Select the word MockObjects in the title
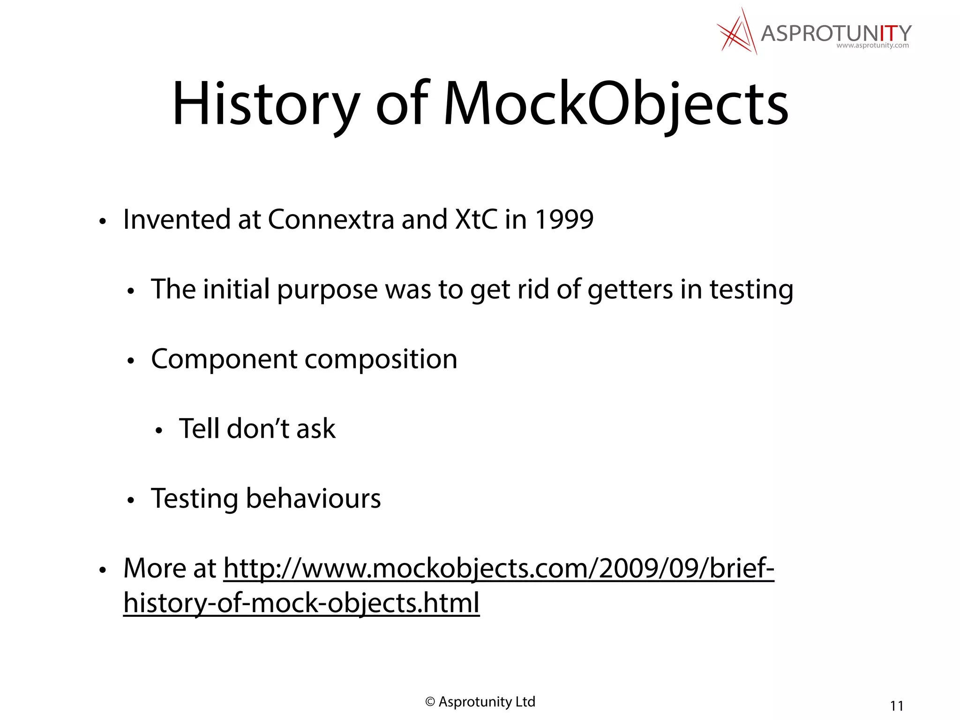(615, 104)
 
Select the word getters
(630, 290)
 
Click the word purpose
(327, 290)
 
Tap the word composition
(381, 360)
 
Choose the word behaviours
(313, 499)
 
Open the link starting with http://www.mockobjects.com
(499, 569)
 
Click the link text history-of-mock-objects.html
(301, 603)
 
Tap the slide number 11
(896, 706)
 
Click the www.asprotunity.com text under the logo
(872, 46)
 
